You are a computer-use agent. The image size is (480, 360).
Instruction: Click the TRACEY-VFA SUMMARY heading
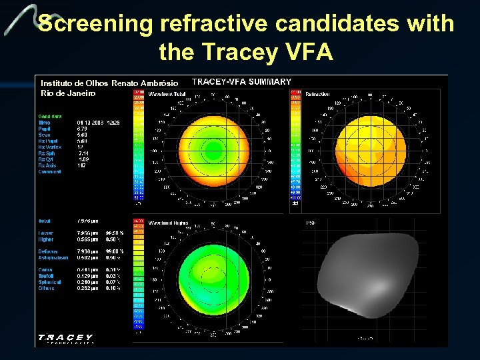[241, 82]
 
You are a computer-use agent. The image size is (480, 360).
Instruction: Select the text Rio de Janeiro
[68, 93]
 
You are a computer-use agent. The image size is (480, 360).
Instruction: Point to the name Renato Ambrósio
[145, 83]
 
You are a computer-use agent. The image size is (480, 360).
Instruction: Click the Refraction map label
[317, 95]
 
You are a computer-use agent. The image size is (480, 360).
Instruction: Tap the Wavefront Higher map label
[168, 223]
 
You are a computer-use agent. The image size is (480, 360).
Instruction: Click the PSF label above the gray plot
[310, 223]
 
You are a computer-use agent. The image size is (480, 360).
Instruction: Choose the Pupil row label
[44, 128]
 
